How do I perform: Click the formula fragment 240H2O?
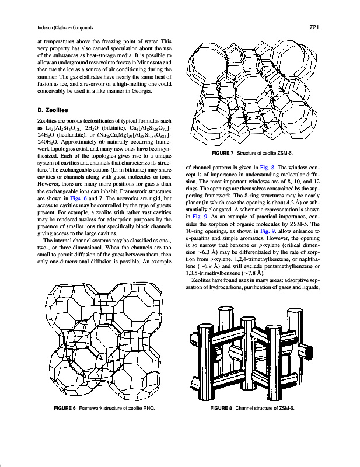coord(47,142)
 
